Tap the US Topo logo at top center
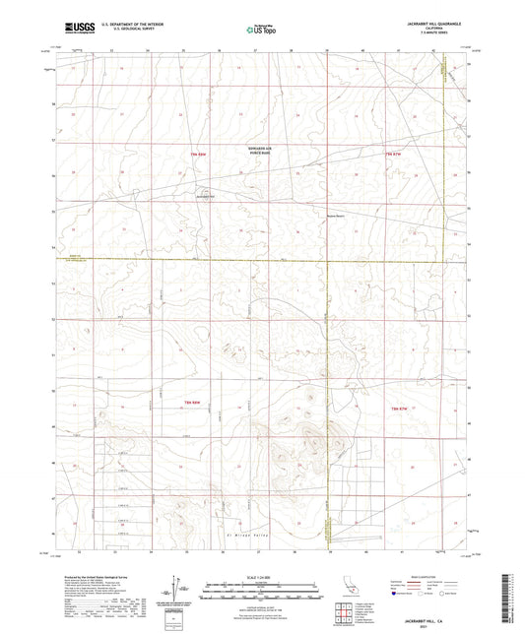261,30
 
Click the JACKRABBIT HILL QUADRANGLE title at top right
431,23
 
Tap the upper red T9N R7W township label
395,155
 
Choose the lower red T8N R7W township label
399,406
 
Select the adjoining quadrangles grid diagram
346,611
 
